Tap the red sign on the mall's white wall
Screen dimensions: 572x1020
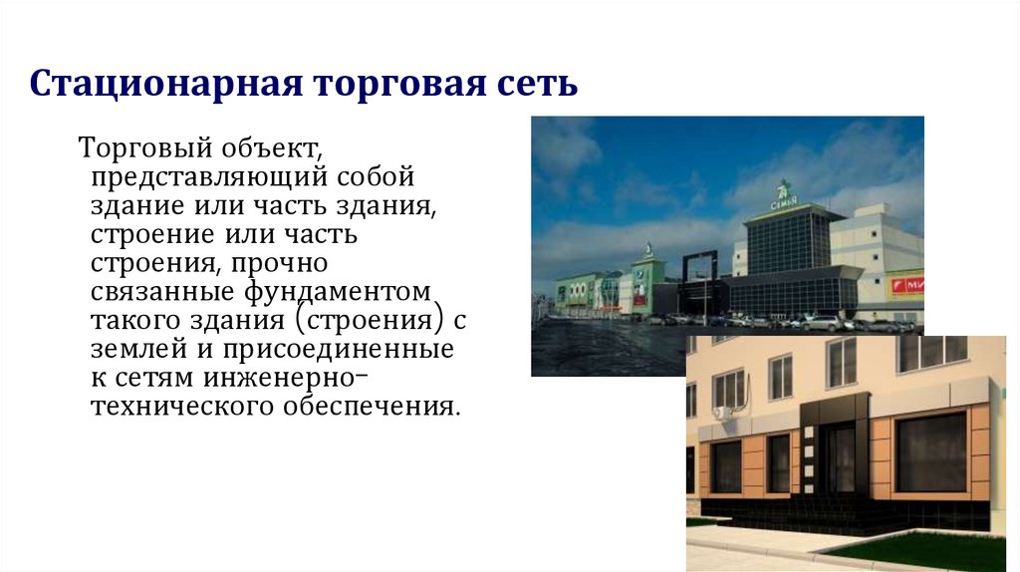click(x=906, y=286)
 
